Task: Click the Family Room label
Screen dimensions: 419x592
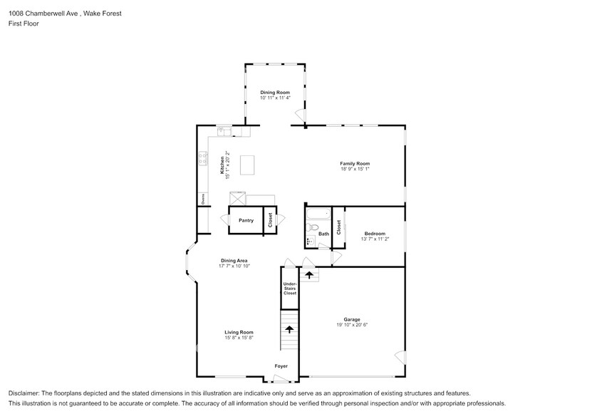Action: coord(354,164)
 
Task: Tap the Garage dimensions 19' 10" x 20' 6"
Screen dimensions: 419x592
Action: coord(351,325)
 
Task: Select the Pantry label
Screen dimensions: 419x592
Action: coord(246,220)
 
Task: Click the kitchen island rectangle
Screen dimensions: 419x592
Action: coord(248,165)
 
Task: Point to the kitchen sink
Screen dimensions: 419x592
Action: coord(223,131)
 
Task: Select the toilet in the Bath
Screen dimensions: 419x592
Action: coord(311,228)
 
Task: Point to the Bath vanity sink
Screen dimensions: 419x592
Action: coord(310,242)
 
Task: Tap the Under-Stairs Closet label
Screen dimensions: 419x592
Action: coord(289,287)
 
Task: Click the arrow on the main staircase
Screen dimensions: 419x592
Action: coord(289,329)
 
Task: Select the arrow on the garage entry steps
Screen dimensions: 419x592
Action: coord(309,273)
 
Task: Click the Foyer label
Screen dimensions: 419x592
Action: coord(282,366)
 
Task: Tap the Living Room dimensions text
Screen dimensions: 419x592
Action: coord(239,338)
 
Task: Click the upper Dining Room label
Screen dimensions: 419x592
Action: coord(274,93)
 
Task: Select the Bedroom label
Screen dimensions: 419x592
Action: coord(374,234)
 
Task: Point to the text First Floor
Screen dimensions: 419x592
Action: coord(24,24)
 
